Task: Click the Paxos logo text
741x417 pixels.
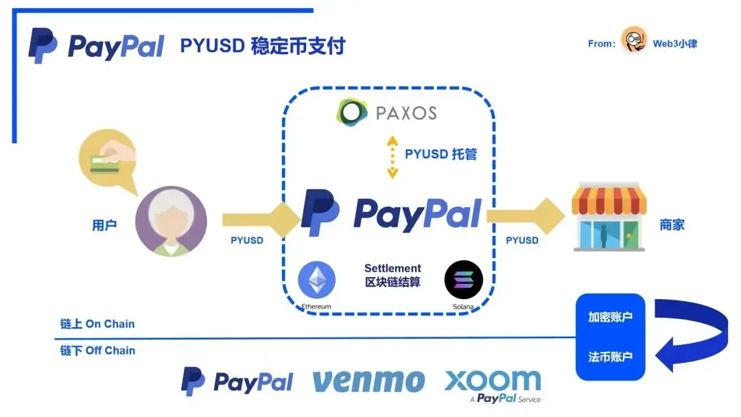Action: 405,112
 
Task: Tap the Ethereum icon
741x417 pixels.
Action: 316,280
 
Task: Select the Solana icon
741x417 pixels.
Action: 464,279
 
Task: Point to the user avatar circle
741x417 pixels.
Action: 171,222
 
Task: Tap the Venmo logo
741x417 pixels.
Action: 368,381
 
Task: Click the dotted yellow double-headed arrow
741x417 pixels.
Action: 392,156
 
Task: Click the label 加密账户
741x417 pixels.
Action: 610,318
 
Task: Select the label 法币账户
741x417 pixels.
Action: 610,357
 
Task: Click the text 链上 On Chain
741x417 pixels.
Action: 97,324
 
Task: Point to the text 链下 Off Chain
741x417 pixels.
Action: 97,350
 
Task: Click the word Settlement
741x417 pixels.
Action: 392,268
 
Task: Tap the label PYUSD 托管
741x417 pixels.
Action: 440,154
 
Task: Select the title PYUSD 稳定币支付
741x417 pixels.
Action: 263,46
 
